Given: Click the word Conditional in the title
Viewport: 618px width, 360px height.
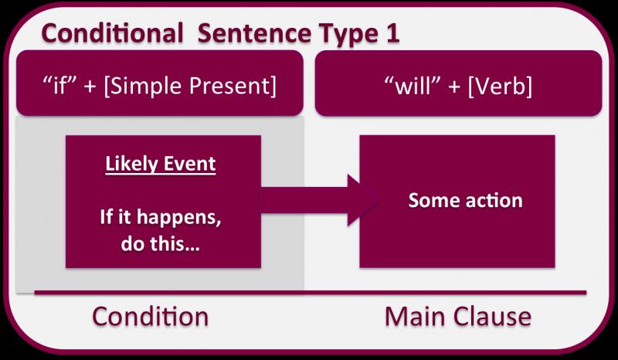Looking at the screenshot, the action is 112,32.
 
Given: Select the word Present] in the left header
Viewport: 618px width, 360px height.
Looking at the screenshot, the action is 233,86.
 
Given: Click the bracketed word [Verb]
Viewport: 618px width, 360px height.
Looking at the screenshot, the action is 499,86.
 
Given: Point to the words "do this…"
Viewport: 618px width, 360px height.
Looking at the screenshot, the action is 161,243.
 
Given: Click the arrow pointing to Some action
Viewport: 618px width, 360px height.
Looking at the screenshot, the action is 320,200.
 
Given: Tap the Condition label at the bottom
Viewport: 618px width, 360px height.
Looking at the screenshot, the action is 150,316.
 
